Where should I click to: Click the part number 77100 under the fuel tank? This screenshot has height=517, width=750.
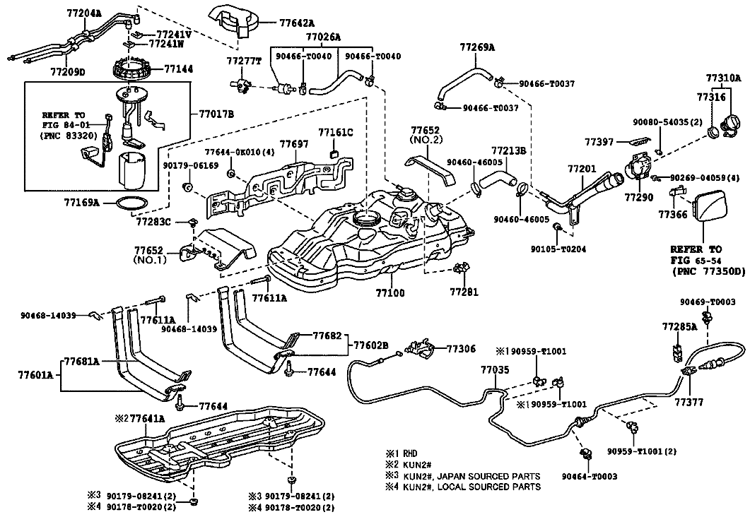389,292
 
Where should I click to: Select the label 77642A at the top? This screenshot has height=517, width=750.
297,23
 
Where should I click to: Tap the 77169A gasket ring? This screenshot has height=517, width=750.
131,203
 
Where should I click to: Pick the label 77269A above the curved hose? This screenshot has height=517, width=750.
477,47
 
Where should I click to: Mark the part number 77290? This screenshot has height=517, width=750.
638,197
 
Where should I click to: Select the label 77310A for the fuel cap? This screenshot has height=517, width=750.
723,78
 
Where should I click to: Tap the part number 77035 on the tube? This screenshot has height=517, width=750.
495,370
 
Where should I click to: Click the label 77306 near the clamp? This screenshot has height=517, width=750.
462,349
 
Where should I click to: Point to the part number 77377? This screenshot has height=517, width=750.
689,403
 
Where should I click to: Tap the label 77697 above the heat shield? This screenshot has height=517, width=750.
294,144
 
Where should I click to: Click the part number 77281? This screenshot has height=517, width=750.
464,292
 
